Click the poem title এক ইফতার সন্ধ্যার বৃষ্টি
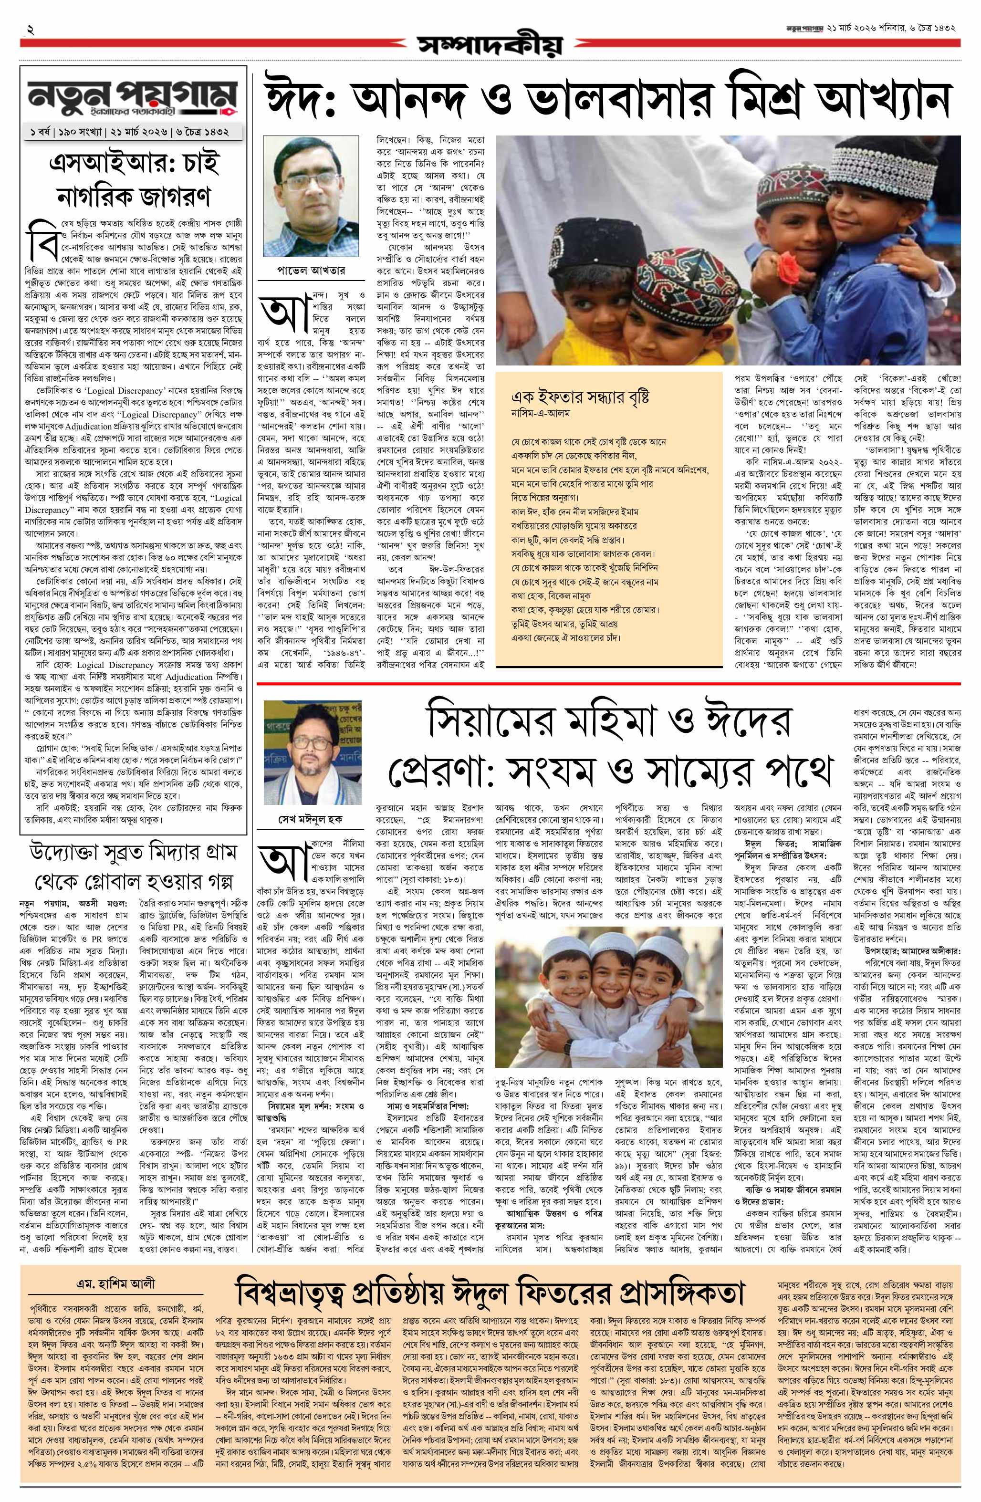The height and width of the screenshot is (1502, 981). (x=581, y=397)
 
